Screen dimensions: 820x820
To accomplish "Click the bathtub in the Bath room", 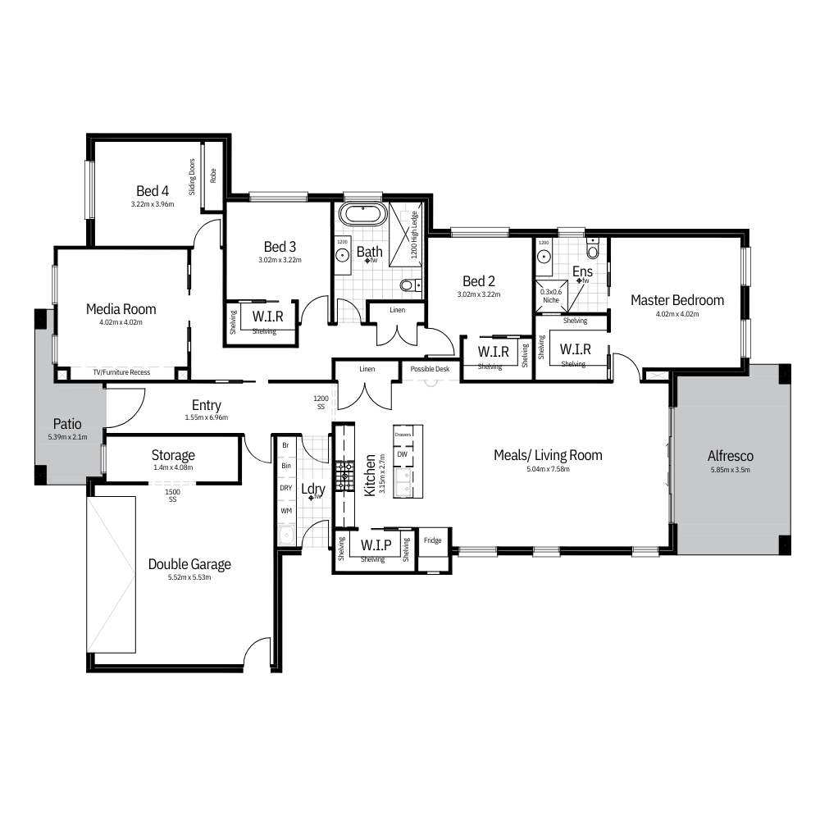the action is (x=363, y=214).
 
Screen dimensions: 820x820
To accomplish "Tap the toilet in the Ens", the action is (x=593, y=249).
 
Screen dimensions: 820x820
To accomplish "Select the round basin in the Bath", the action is (x=343, y=255).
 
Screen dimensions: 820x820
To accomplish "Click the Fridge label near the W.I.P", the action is (x=432, y=540).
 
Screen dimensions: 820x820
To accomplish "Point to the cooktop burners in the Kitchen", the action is (x=344, y=476).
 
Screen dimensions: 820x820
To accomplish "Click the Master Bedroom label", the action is (x=677, y=300).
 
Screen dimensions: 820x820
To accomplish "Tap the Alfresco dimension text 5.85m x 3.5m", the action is (x=730, y=470).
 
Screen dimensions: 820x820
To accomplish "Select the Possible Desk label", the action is (x=430, y=369).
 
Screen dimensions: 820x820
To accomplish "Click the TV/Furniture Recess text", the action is (x=121, y=372).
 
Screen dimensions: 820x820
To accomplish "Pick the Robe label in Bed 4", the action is (x=213, y=175).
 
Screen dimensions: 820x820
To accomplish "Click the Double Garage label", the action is (x=189, y=564).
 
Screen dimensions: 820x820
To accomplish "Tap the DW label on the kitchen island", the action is (x=402, y=454).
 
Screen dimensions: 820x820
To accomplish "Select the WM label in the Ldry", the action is (x=286, y=511).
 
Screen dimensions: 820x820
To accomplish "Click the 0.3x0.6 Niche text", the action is (x=551, y=296).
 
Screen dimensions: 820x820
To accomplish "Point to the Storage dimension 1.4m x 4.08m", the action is (x=173, y=467).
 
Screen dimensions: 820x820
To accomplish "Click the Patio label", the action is (x=67, y=424).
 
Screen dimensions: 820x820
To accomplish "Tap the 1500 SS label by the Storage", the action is (x=172, y=495).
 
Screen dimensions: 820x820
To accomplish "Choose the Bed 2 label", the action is (x=479, y=281).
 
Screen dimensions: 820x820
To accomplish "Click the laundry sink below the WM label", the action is (x=286, y=535).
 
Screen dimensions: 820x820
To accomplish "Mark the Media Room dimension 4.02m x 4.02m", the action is (x=121, y=322).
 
